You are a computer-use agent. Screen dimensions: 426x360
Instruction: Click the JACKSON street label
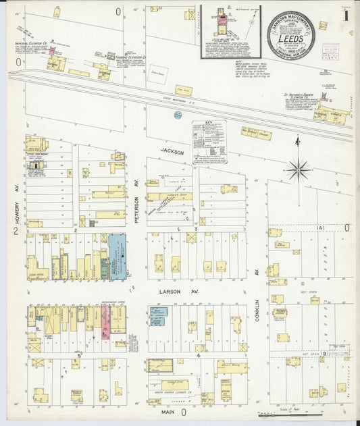[172, 153]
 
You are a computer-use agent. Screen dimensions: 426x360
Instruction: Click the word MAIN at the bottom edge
[169, 411]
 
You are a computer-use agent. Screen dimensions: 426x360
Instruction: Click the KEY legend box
[209, 141]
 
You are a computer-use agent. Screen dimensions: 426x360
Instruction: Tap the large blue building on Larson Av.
[117, 257]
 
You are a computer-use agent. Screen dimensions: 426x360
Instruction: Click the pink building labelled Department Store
[105, 321]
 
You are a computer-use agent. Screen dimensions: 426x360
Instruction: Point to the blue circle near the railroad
[178, 115]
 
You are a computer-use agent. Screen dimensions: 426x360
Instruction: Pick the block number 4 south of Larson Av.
[199, 355]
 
